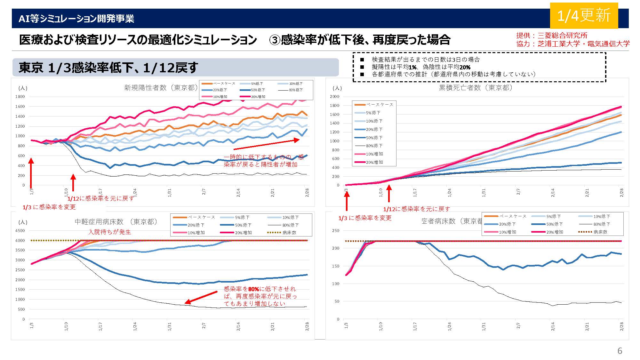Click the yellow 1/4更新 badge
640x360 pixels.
[584, 15]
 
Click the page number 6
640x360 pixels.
[620, 351]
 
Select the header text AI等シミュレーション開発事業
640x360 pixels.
[76, 19]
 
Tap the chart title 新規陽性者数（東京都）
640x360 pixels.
[161, 88]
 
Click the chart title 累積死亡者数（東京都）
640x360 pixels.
[476, 88]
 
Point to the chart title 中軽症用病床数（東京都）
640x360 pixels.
[116, 222]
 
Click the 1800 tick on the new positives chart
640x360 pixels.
[20, 97]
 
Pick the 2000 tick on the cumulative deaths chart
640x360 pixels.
[334, 97]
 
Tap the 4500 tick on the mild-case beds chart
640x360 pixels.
[20, 231]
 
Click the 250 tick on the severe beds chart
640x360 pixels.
[336, 231]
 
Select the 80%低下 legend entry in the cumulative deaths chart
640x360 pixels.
[374, 146]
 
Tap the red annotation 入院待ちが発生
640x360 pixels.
[110, 232]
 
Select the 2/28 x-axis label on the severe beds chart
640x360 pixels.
[622, 327]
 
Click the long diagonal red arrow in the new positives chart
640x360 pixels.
[266, 144]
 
